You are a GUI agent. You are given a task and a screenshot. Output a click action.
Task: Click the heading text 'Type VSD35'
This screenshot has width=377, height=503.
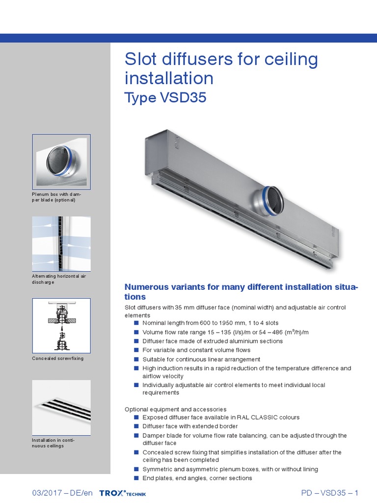[x=165, y=98]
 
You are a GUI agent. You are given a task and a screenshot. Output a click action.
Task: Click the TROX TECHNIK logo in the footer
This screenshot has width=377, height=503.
[x=122, y=493]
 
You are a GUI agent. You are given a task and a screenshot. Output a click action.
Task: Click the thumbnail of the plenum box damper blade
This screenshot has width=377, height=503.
[x=61, y=160]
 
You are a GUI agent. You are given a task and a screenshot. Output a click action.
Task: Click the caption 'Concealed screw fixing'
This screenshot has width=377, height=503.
[x=58, y=359]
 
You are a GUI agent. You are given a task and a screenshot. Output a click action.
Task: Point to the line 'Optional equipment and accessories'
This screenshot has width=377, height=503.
[x=175, y=409]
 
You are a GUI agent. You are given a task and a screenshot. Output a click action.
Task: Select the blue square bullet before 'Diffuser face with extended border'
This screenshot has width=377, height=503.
[x=136, y=426]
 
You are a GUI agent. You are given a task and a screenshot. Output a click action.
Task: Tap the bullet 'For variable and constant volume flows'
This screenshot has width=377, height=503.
[x=196, y=350]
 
